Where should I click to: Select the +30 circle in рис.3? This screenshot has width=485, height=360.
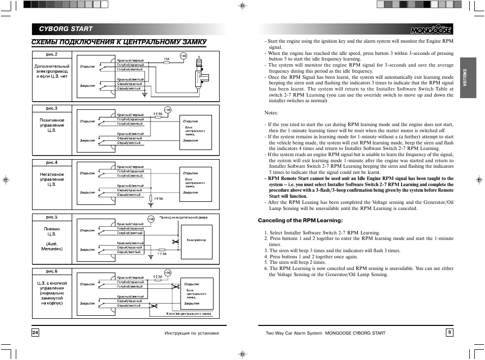pos(168,109)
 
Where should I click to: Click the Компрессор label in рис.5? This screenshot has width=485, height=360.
pos(196,240)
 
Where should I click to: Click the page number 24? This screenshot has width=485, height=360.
pos(35,333)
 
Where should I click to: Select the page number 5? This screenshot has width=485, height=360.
pos(449,333)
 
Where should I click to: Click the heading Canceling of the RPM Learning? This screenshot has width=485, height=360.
pos(300,220)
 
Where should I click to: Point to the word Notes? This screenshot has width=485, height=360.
pos(271,113)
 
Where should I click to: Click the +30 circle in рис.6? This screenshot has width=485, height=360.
pos(168,272)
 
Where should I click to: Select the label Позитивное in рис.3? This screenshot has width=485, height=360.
pos(52,121)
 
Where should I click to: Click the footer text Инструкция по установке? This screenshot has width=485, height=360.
pos(191,333)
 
